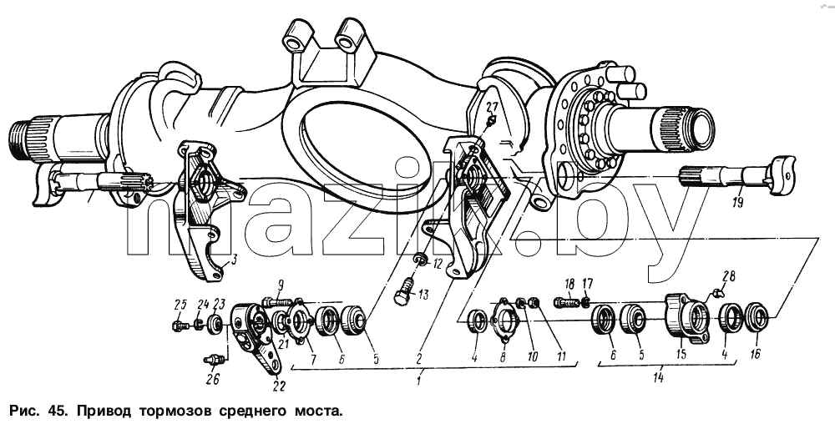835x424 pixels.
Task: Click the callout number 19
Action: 737,202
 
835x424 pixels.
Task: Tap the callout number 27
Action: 493,105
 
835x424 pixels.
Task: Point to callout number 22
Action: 279,386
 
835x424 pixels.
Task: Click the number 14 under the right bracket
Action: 660,378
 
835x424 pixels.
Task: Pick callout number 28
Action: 728,275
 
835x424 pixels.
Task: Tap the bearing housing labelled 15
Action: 687,318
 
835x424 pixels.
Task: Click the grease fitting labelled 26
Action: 214,361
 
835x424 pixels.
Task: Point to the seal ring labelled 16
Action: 756,317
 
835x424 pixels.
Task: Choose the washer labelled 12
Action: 421,259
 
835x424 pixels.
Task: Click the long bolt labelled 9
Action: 277,302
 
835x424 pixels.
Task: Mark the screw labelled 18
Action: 566,303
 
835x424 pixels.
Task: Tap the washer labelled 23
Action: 215,324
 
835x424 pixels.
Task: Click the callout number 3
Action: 233,260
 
